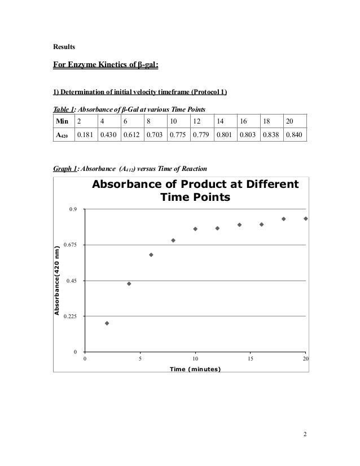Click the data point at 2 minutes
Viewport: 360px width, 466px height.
click(107, 323)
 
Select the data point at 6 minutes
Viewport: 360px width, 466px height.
click(151, 254)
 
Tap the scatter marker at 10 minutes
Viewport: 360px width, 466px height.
click(195, 229)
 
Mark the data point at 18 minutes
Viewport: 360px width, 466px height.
click(284, 219)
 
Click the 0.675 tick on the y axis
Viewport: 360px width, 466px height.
click(71, 245)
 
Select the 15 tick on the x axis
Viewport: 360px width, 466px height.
click(250, 359)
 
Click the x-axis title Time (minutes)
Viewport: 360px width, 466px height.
click(195, 368)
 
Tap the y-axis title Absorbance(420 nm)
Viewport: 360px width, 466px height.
click(56, 280)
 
